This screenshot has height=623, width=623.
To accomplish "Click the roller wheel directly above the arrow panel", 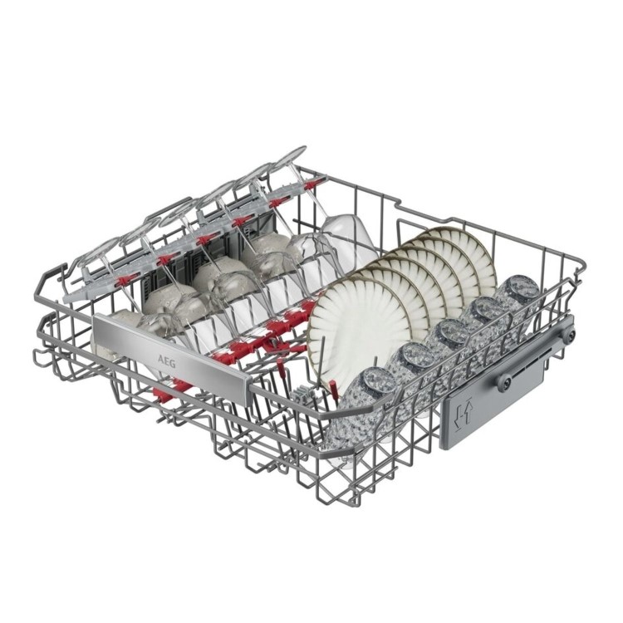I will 504,382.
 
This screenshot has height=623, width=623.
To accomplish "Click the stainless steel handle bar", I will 171,356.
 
